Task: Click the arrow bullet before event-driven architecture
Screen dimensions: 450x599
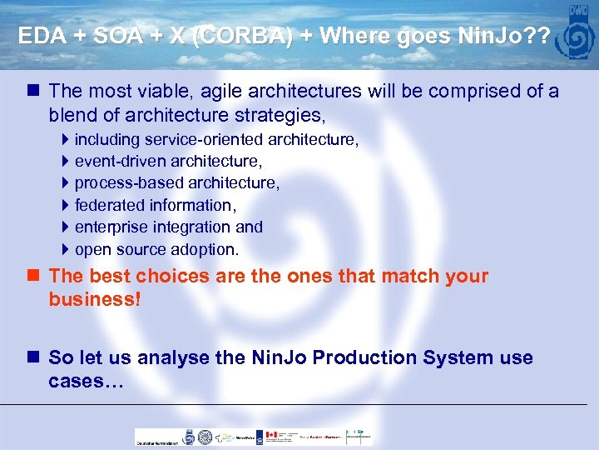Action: click(66, 161)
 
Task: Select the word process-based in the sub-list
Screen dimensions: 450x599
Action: click(130, 182)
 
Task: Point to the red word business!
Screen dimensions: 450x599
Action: click(95, 299)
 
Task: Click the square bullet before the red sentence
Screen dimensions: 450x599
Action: click(32, 276)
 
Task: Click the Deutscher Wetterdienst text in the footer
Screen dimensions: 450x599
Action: click(156, 442)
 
